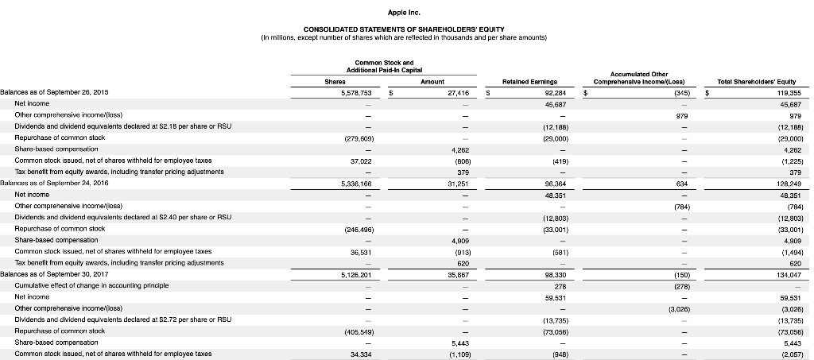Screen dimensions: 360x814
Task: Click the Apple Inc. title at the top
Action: coord(406,13)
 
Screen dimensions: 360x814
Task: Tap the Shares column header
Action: coord(347,80)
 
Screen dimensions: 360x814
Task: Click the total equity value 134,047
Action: coord(789,274)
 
